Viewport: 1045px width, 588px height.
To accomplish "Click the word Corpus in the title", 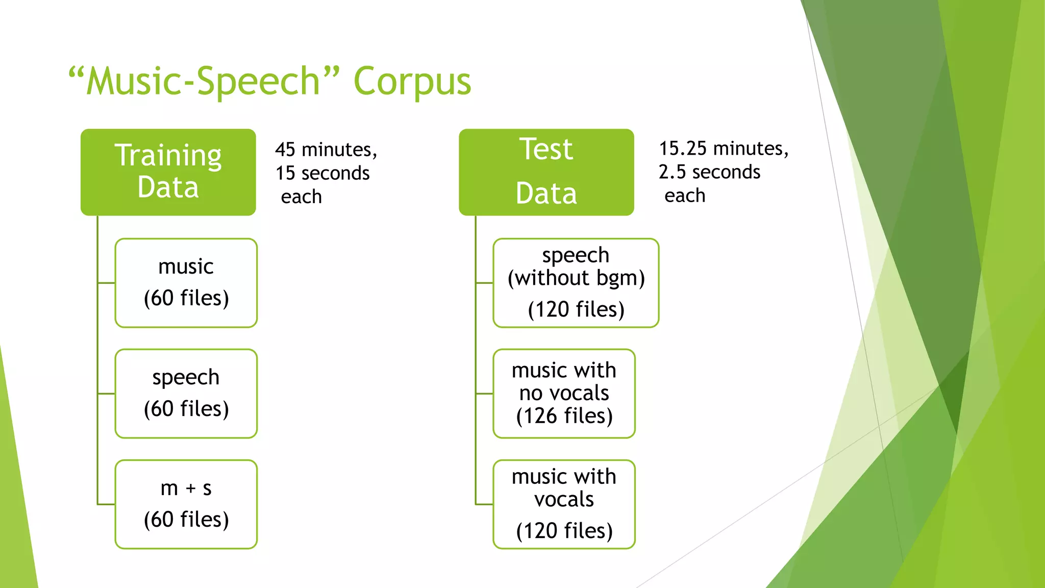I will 412,82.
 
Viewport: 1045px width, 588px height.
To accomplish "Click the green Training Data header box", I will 168,172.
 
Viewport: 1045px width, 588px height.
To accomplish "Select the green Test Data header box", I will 546,172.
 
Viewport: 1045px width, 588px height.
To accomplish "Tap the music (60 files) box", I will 186,283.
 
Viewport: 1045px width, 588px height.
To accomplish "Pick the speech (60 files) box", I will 186,394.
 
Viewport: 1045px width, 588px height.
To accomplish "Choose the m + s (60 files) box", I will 186,504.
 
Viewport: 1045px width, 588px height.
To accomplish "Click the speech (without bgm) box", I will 576,283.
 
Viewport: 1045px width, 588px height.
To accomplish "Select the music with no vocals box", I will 564,394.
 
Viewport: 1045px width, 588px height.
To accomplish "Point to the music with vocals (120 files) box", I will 564,504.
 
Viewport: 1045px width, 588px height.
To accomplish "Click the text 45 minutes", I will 326,150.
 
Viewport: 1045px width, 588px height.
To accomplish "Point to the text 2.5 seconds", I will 709,173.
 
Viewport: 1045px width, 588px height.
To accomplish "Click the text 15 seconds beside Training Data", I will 322,174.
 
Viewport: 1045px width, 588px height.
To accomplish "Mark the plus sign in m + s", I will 191,489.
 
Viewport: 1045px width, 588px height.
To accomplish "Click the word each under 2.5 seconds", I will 685,196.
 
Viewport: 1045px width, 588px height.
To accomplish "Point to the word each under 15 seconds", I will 301,197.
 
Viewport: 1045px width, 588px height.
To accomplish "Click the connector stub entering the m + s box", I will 106,504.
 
